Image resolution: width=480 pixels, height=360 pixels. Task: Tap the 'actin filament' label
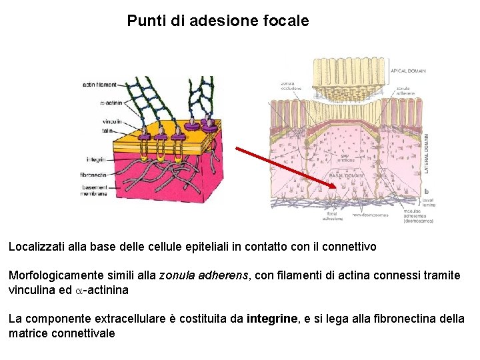(x=99, y=85)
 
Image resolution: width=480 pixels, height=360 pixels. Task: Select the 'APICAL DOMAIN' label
(x=407, y=71)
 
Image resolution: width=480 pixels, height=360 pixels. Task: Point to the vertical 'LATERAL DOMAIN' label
(x=427, y=153)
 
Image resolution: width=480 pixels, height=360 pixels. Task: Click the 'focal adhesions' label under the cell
(x=332, y=216)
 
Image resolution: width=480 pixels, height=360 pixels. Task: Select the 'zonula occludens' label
(x=291, y=86)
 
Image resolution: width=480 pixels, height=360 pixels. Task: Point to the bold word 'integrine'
(x=272, y=319)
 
